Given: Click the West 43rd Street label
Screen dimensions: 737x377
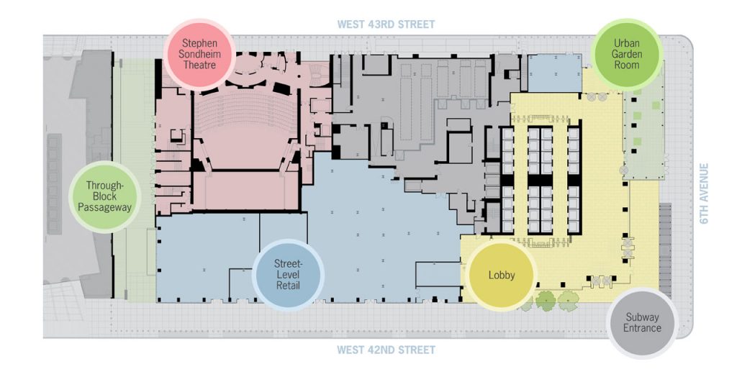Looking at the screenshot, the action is [386, 24].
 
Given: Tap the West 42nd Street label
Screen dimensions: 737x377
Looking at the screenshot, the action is [386, 350].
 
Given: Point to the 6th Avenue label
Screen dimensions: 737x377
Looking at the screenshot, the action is [704, 194].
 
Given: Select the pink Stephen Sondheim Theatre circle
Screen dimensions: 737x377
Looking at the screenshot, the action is [199, 54].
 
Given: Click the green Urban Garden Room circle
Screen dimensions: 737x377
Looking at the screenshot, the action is [627, 53].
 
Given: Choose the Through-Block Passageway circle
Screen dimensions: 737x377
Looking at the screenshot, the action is [104, 196].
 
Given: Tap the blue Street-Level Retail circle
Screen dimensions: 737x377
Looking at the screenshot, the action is [288, 275].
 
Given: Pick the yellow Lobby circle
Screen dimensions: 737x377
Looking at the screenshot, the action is [502, 275].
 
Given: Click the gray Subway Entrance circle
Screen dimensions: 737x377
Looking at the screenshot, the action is [642, 323].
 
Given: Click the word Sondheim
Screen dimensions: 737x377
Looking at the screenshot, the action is [199, 54].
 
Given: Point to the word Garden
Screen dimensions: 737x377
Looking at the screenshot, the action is [627, 53].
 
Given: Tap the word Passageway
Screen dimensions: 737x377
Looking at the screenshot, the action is [104, 207].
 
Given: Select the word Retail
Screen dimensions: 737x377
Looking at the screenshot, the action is [288, 286].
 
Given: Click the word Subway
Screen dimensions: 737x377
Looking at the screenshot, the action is [642, 317].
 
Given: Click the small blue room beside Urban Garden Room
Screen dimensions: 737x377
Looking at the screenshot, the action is [555, 73].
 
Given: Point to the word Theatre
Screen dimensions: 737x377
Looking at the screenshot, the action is [199, 65].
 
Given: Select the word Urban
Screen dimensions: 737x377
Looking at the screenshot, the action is [627, 42].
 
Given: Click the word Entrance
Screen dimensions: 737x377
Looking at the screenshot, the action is [642, 328].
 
